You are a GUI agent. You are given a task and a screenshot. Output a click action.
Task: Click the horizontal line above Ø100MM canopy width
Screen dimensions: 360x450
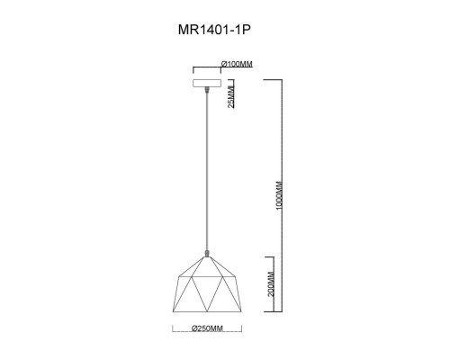(x=208, y=69)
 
